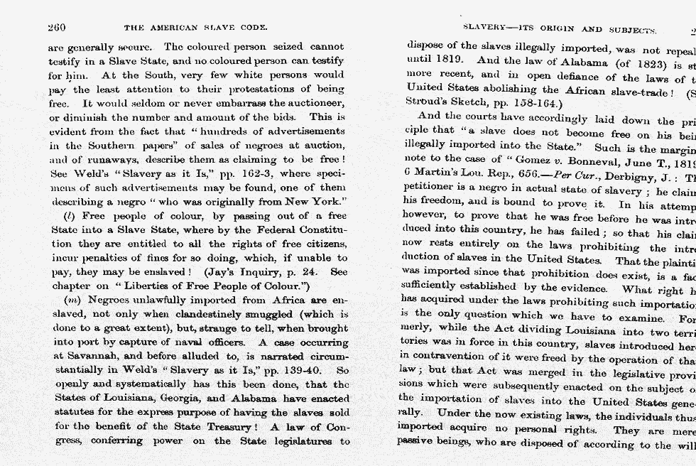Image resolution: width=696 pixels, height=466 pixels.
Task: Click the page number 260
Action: pos(57,28)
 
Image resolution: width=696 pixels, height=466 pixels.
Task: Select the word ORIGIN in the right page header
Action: pos(551,30)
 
